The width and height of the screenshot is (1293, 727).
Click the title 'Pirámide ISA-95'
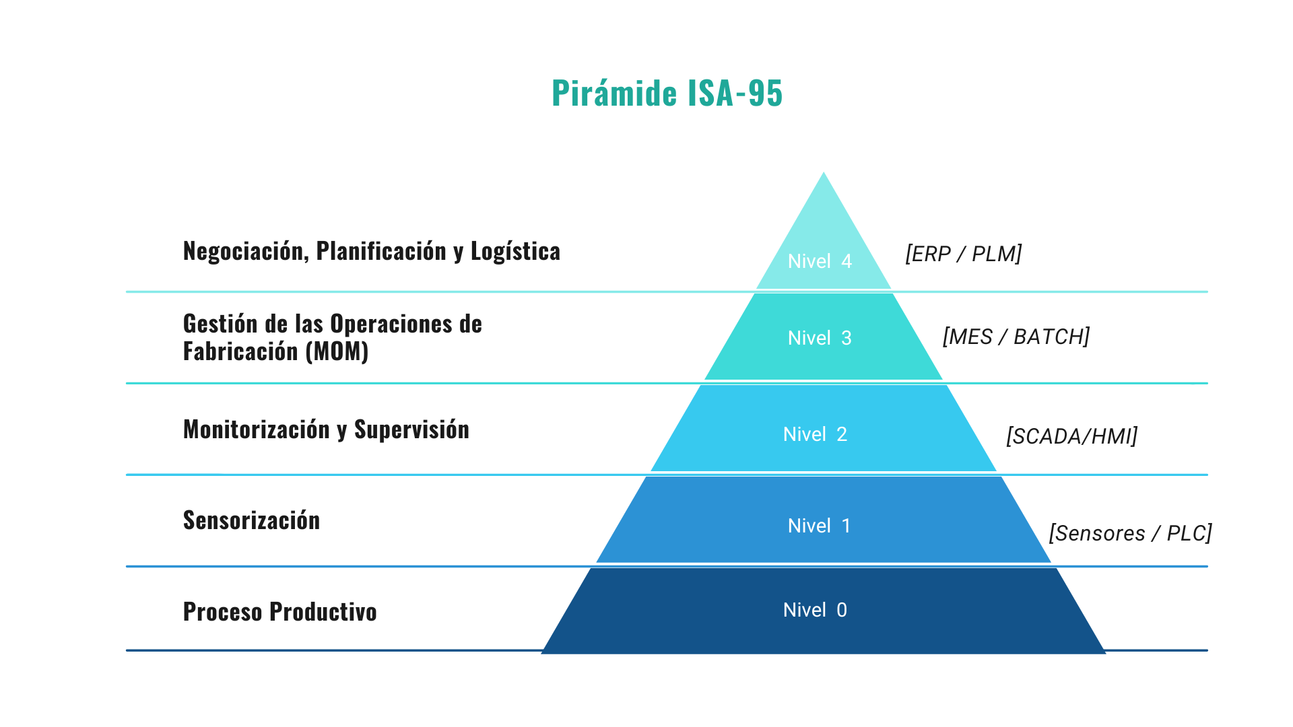click(667, 93)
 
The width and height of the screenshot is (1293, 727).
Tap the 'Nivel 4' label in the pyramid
click(820, 261)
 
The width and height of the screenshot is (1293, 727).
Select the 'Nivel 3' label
click(820, 338)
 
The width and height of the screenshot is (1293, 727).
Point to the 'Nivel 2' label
click(815, 434)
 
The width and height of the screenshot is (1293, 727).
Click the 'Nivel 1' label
click(819, 526)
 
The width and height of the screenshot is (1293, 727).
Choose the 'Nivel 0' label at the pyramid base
click(815, 610)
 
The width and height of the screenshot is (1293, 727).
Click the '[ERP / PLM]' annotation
click(963, 254)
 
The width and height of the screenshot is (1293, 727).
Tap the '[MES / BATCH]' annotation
click(1016, 337)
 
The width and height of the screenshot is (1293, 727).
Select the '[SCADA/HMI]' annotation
click(1071, 436)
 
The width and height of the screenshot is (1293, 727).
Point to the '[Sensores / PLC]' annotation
click(1130, 533)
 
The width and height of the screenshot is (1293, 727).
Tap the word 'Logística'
click(515, 251)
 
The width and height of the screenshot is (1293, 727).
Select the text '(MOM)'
click(337, 351)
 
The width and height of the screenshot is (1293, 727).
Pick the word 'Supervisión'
click(411, 429)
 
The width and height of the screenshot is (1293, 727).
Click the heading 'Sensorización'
click(251, 520)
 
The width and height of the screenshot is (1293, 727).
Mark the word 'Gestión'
click(220, 324)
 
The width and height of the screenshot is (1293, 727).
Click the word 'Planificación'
click(381, 251)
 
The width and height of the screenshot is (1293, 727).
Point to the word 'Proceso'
click(223, 612)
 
